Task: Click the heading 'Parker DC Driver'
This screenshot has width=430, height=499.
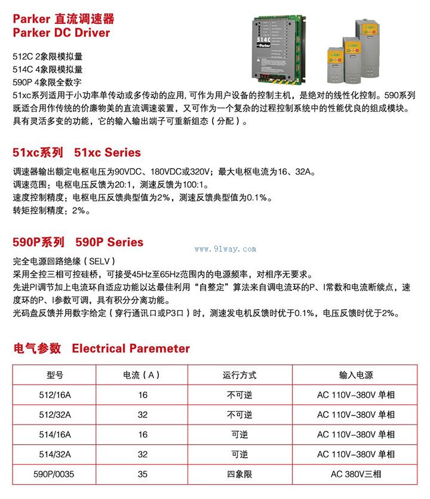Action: pos(62,33)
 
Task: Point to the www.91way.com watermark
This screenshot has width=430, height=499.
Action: pos(225,249)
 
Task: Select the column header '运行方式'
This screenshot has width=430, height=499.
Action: pos(239,375)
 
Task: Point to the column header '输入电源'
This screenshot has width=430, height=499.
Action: pos(356,375)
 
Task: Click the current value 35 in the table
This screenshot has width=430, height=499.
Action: pos(142,475)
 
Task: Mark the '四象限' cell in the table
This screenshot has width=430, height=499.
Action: pos(239,475)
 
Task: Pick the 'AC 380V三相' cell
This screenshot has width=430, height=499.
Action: pos(356,475)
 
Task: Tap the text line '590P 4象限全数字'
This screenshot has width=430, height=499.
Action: pos(47,82)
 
